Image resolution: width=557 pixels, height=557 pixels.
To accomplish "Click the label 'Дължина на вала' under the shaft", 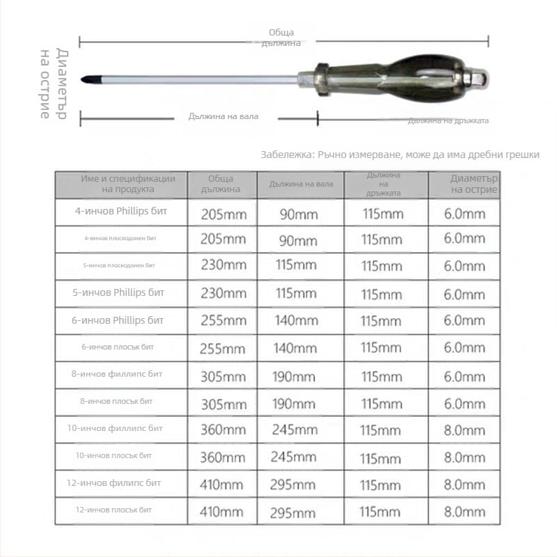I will pos(223,116).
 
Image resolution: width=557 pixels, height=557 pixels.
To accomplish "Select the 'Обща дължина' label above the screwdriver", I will pos(281,38).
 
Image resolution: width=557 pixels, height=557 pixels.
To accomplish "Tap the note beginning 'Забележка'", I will pos(400,155).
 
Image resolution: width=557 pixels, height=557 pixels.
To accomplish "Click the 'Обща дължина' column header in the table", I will pos(221,184).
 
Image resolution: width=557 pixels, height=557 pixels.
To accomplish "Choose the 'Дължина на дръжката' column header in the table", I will pos(383,184).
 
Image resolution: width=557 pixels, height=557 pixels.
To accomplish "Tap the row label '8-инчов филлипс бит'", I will pos(122,374).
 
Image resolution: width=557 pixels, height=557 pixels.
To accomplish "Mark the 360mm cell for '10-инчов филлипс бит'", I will pos(223,430).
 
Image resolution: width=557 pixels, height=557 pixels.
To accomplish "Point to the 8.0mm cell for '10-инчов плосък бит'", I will pos(464,458).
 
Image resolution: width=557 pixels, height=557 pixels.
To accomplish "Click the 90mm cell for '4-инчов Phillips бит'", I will pos(298,214).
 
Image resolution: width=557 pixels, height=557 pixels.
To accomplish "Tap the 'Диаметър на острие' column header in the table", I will pos(473,184).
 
